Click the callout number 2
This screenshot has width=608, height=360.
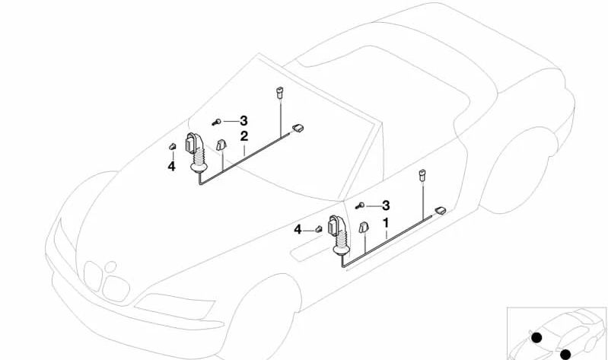pos(244,137)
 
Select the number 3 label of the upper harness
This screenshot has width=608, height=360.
pos(244,120)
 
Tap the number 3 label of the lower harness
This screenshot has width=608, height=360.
pos(386,205)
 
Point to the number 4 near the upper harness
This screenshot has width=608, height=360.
pos(171,166)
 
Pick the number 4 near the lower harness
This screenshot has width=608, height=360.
pos(298,229)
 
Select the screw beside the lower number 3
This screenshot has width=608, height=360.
pos(361,206)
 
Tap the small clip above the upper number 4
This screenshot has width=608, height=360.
pos(172,147)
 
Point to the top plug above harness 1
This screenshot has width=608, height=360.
pos(421,177)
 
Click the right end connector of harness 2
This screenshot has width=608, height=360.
pos(298,129)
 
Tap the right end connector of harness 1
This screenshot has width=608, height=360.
pos(440,211)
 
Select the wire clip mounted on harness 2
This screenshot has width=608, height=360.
pos(221,145)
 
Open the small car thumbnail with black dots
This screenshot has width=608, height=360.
pos(557,333)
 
